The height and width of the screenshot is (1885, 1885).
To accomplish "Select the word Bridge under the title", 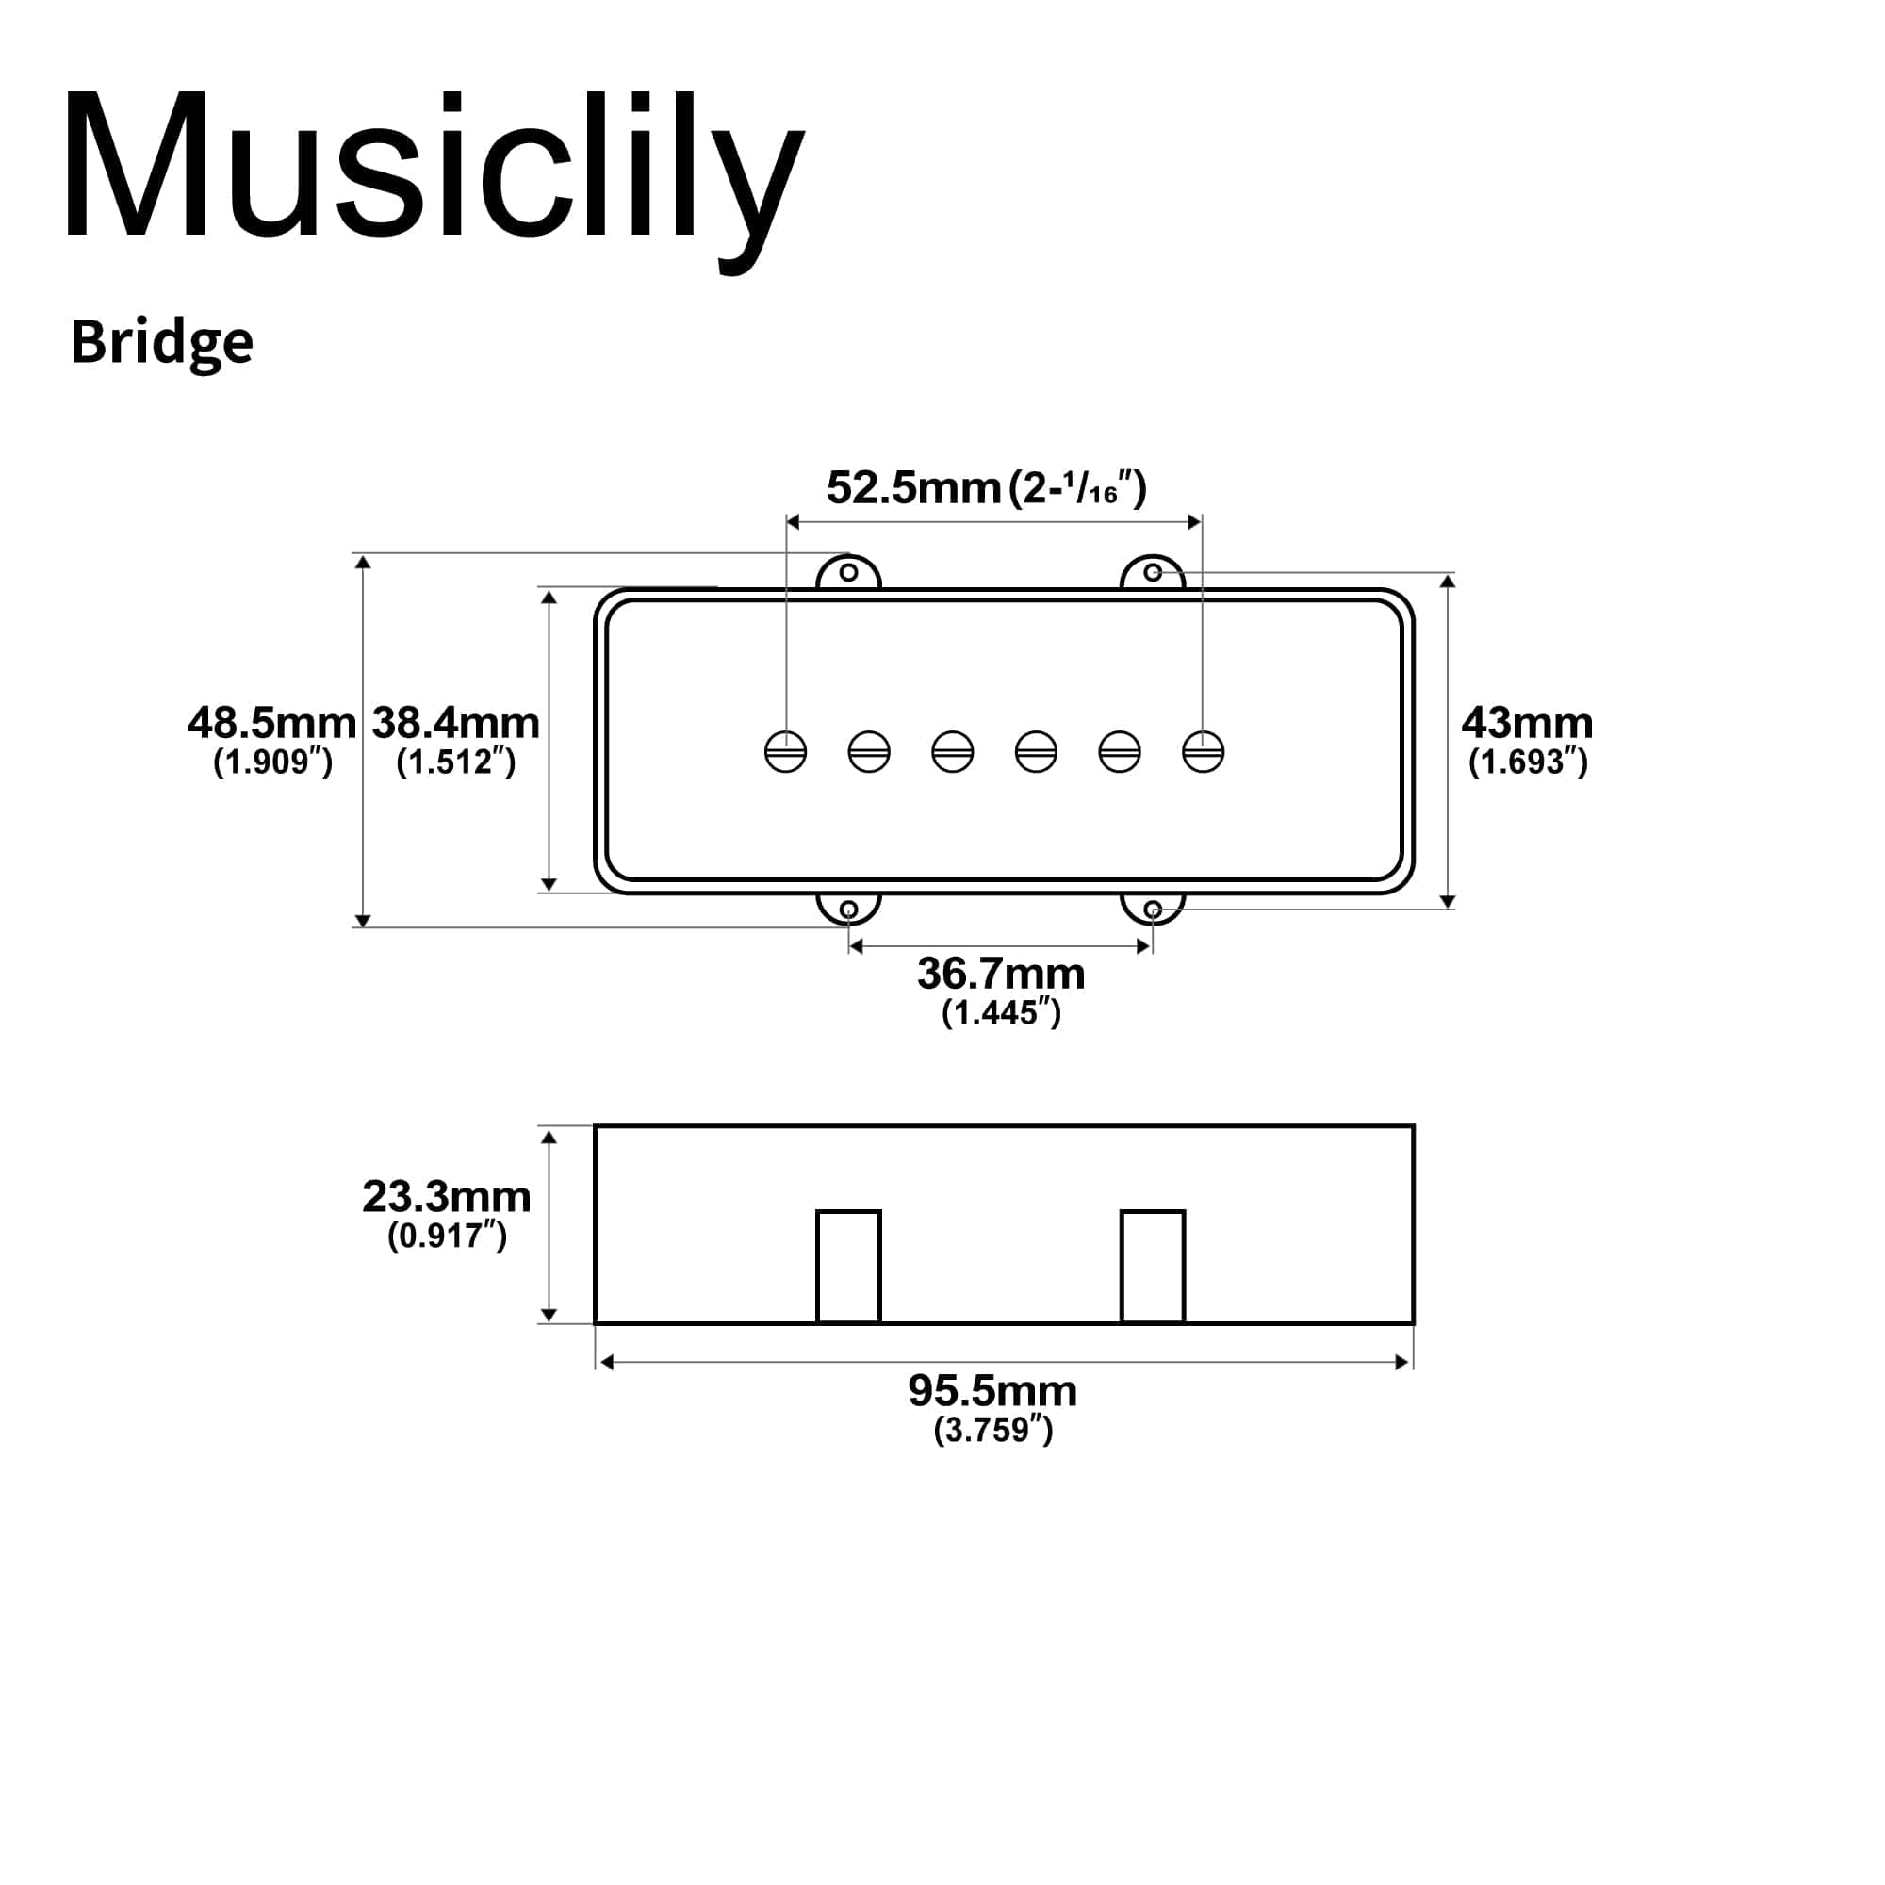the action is click(162, 342).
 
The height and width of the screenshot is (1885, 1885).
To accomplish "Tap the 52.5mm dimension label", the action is click(913, 488).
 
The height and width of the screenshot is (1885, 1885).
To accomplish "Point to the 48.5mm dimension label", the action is click(272, 723).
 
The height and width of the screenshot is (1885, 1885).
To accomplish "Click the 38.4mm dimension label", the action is click(455, 723).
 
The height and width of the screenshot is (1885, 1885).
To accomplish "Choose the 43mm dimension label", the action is click(1527, 723).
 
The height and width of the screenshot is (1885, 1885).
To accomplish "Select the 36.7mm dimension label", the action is click(1001, 974).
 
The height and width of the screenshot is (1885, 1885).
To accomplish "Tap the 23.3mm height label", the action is click(447, 1196).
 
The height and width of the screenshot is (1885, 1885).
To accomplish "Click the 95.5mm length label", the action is click(993, 1391).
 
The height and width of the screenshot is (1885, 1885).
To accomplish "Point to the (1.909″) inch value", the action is click(273, 762).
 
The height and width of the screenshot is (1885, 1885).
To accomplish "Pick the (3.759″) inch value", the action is click(993, 1431).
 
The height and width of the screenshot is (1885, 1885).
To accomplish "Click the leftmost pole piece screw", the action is click(785, 751).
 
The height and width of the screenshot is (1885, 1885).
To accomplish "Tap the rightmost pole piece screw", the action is click(1203, 751).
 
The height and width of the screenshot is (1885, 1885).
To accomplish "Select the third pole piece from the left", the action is click(952, 751).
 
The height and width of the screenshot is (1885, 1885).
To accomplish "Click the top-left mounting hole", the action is click(849, 572).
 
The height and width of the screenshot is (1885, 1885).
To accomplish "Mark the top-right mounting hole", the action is click(1153, 572).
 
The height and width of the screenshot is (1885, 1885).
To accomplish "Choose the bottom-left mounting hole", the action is click(849, 910).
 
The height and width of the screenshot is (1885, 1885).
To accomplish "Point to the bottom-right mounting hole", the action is click(1153, 910).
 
